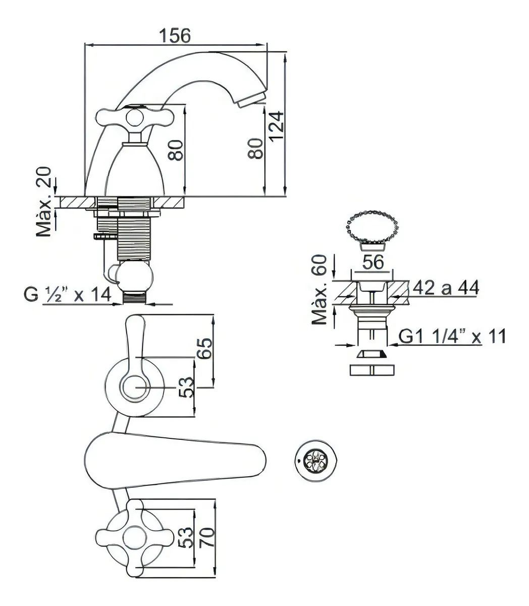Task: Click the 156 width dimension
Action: [175, 35]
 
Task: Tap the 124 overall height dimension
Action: [277, 126]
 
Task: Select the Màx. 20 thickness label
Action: [44, 201]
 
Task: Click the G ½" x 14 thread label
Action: [68, 294]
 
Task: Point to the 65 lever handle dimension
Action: [205, 348]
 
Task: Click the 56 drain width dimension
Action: [373, 262]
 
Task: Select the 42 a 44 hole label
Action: [446, 288]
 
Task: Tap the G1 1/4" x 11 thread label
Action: [452, 336]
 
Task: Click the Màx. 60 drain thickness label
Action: [320, 289]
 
